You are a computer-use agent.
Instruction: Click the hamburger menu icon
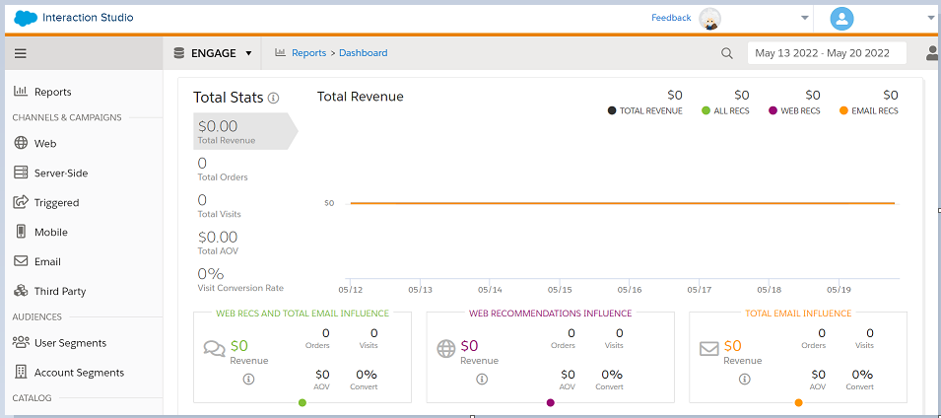pyautogui.click(x=21, y=53)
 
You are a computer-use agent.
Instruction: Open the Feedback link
pyautogui.click(x=670, y=18)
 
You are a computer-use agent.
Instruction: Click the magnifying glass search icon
pyautogui.click(x=727, y=53)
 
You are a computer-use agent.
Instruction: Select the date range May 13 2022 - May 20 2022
pyautogui.click(x=826, y=53)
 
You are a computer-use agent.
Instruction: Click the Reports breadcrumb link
pyautogui.click(x=308, y=53)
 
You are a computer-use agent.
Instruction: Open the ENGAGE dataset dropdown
pyautogui.click(x=213, y=53)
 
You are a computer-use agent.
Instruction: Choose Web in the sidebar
pyautogui.click(x=45, y=143)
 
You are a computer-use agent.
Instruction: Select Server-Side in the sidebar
pyautogui.click(x=60, y=173)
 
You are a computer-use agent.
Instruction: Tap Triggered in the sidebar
pyautogui.click(x=56, y=202)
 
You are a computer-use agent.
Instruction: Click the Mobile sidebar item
pyautogui.click(x=50, y=232)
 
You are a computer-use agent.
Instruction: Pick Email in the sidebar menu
pyautogui.click(x=47, y=261)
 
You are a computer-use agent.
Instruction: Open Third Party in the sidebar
pyautogui.click(x=59, y=291)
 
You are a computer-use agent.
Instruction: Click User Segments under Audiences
pyautogui.click(x=70, y=343)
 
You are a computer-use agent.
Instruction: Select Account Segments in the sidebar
pyautogui.click(x=79, y=373)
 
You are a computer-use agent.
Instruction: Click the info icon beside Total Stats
pyautogui.click(x=274, y=98)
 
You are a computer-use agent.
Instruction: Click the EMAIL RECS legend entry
pyautogui.click(x=870, y=111)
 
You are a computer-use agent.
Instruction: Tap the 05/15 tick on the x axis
pyautogui.click(x=560, y=290)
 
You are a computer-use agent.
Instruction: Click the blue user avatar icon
pyautogui.click(x=841, y=18)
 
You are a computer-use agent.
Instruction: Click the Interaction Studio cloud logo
pyautogui.click(x=26, y=18)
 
